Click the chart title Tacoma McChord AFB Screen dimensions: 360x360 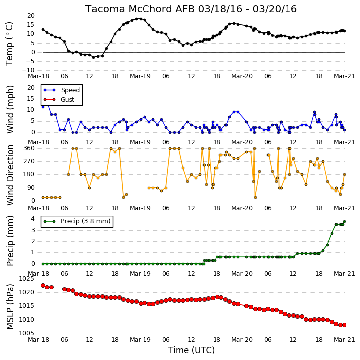click(141, 9)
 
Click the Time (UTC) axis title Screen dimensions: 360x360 click(191, 350)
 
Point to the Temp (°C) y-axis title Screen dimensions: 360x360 click(9, 44)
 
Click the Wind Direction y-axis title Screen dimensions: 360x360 click(10, 175)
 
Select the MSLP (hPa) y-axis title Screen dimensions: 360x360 click(10, 307)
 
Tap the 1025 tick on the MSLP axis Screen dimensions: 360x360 click(26, 279)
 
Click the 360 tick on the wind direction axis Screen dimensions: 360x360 click(29, 148)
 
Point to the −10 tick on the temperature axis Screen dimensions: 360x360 click(28, 70)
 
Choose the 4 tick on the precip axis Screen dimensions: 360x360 click(33, 219)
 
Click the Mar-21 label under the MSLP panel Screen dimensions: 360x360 click(344, 339)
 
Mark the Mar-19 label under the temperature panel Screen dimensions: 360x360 click(140, 76)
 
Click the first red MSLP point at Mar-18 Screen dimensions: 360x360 click(43, 285)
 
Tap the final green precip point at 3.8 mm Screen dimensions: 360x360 click(344, 221)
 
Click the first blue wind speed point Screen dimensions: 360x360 click(43, 107)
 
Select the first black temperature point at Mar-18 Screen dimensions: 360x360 click(43, 29)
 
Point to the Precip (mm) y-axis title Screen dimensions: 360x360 click(10, 241)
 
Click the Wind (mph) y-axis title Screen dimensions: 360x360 click(10, 109)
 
